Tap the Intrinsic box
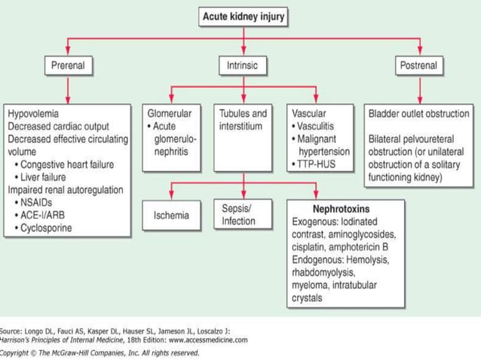[242, 66]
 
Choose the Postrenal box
[416, 66]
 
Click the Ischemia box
[171, 216]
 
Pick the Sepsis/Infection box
[238, 214]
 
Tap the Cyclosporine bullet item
[47, 227]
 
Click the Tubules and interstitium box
[243, 121]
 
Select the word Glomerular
[169, 114]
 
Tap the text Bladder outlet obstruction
[418, 114]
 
